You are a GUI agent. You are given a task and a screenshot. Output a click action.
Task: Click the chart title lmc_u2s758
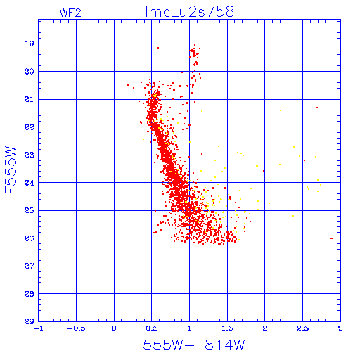[x=190, y=11]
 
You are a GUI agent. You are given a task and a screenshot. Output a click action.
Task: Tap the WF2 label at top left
[x=70, y=13]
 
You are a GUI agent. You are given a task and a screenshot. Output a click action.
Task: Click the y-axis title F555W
[x=11, y=170]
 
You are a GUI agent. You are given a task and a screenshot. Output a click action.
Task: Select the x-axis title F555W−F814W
[x=190, y=345]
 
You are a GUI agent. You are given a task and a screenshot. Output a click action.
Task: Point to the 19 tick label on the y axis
[x=30, y=44]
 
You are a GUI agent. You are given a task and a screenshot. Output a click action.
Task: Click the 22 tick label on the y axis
[x=30, y=127]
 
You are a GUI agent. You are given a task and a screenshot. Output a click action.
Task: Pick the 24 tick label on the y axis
[x=30, y=183]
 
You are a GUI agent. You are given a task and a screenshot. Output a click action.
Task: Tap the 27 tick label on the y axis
[x=30, y=266]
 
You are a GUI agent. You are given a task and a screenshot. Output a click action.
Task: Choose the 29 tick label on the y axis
[x=30, y=321]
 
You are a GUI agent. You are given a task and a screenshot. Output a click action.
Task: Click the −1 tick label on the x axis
[x=39, y=328]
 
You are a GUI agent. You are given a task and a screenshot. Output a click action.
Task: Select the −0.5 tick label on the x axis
[x=76, y=328]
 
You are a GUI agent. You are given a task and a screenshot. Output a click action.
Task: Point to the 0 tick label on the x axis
[x=114, y=328]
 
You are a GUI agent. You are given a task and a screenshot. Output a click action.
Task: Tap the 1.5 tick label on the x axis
[x=227, y=328]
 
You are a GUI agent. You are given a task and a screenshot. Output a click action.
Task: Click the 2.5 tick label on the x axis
[x=303, y=328]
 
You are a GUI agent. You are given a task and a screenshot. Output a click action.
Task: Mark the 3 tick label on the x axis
[x=340, y=328]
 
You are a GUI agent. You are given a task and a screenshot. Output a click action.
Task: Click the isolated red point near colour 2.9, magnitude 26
[x=331, y=238]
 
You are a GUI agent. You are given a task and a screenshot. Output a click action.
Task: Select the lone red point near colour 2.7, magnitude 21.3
[x=317, y=108]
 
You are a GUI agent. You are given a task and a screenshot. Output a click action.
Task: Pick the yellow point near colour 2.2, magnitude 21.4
[x=281, y=110]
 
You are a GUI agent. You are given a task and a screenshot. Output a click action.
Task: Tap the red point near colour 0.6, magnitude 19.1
[x=157, y=48]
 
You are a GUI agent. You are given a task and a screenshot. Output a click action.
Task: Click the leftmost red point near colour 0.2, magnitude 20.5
[x=128, y=84]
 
